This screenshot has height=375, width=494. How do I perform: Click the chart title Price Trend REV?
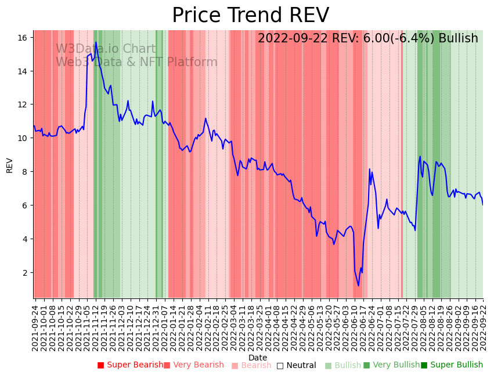(x=250, y=16)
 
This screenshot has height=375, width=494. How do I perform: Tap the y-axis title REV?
(x=9, y=165)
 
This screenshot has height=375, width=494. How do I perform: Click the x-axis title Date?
(x=258, y=358)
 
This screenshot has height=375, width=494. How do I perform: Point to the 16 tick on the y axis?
(x=23, y=38)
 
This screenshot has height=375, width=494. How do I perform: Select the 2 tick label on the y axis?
(x=25, y=273)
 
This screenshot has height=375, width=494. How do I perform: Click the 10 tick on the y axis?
(x=23, y=138)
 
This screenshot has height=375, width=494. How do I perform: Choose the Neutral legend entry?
(x=297, y=366)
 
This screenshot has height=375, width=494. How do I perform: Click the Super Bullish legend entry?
(x=452, y=365)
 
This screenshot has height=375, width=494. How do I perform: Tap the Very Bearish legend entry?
(x=193, y=365)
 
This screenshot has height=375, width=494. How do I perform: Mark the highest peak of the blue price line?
(x=96, y=42)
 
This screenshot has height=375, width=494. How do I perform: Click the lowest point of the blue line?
(x=358, y=286)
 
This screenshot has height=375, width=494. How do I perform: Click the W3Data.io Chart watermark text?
(x=106, y=49)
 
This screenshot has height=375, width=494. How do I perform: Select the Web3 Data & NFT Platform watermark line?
(x=136, y=63)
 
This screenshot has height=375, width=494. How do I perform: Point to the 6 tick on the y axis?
(x=25, y=205)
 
